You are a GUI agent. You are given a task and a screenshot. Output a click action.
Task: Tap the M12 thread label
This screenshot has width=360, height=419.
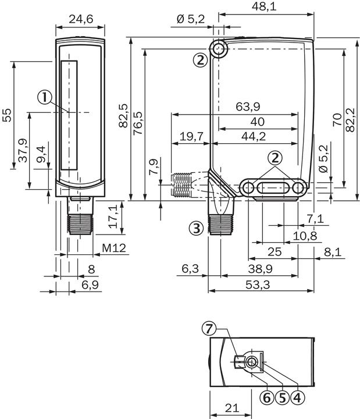115,248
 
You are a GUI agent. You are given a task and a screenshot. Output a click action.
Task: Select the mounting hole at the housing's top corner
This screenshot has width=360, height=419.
219,49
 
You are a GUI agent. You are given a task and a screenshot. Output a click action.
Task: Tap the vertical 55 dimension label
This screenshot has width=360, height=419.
6,115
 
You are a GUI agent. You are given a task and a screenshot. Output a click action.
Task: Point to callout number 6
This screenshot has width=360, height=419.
267,398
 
